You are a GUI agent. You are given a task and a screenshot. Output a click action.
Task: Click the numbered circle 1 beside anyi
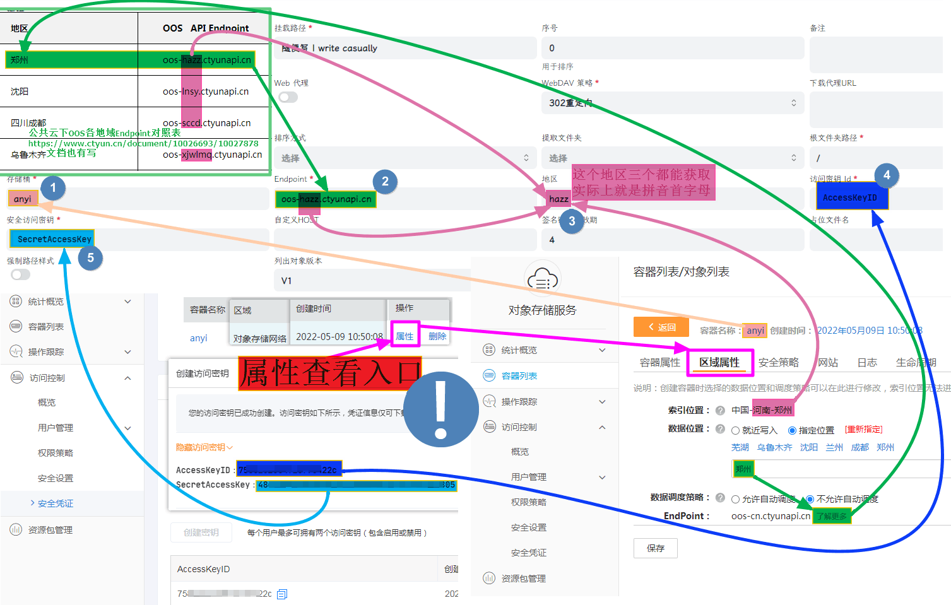click(x=53, y=187)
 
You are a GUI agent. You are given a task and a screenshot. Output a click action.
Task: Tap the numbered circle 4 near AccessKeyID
click(x=887, y=175)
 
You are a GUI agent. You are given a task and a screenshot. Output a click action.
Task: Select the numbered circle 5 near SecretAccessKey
click(x=90, y=257)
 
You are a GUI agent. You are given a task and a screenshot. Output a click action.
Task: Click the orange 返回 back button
click(x=661, y=327)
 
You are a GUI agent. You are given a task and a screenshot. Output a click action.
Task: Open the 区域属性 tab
click(x=719, y=362)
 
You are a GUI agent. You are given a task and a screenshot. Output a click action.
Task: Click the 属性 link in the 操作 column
click(x=405, y=336)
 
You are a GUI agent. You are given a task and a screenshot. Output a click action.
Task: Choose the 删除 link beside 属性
click(x=437, y=336)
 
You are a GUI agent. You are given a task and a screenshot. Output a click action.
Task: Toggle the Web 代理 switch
click(x=288, y=97)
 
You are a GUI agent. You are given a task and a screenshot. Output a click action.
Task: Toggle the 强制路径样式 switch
click(x=20, y=274)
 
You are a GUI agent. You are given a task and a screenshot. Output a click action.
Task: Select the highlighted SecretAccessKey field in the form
click(x=52, y=239)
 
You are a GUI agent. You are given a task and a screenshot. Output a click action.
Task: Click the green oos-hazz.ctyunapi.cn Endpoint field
click(x=326, y=199)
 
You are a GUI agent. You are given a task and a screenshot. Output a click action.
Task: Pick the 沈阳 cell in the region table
click(x=20, y=91)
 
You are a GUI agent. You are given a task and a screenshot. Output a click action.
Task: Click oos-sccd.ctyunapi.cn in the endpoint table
click(x=206, y=123)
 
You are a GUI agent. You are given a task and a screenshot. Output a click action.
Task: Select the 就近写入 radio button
click(x=735, y=430)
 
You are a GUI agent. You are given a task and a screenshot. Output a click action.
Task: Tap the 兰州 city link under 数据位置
click(x=834, y=447)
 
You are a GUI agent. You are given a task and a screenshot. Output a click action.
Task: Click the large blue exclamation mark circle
click(x=440, y=409)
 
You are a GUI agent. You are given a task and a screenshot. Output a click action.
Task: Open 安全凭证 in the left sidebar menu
click(x=55, y=503)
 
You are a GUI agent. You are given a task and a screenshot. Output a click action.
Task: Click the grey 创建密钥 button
click(x=201, y=532)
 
